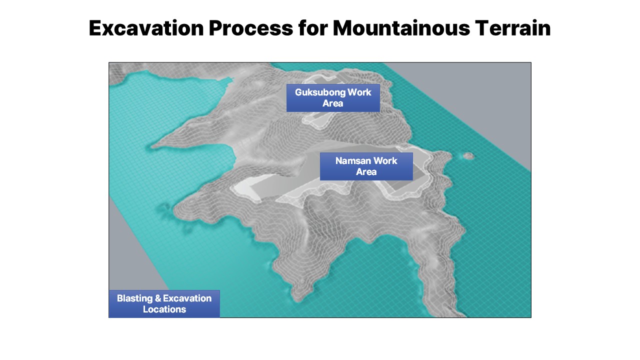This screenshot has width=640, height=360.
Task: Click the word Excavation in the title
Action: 146,28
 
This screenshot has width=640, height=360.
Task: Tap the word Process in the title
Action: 251,28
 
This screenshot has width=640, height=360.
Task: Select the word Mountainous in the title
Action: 401,28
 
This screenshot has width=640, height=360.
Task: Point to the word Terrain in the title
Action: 513,28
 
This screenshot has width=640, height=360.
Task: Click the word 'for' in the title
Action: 313,28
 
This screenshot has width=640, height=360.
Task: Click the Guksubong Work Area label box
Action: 333,98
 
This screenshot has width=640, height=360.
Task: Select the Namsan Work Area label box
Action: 366,166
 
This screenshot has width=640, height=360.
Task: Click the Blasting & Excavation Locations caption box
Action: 164,304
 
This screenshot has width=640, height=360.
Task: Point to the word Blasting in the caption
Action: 135,298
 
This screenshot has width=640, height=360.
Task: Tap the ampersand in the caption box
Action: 158,298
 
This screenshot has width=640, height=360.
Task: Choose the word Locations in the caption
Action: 164,309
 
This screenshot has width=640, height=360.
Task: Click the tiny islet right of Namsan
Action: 468,156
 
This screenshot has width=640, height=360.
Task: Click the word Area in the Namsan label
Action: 366,172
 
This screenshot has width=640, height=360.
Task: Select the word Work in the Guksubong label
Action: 359,92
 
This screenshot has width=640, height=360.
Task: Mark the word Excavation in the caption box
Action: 187,298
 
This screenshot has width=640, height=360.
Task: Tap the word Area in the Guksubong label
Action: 333,103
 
